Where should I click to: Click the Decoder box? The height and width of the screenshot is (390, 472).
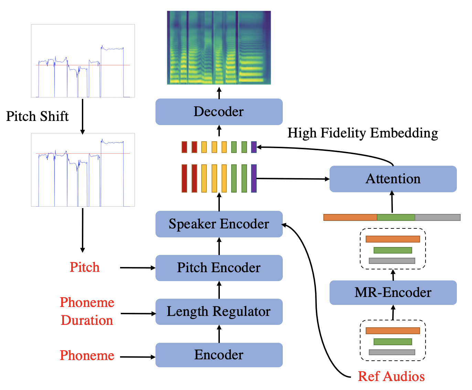tap(219, 112)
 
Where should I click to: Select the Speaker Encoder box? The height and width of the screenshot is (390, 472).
tap(219, 224)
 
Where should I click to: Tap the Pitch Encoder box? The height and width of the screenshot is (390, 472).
tap(219, 268)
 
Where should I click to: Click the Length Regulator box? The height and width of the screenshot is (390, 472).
tap(219, 311)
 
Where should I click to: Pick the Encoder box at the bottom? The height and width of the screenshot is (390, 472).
tap(219, 355)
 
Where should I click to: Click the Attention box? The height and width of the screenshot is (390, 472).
tap(393, 179)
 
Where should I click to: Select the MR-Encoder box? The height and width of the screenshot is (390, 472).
tap(393, 292)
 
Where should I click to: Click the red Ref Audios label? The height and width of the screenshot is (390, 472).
tap(391, 376)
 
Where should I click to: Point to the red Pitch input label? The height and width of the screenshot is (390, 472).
tap(85, 267)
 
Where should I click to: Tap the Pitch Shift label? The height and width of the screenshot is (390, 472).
tap(37, 116)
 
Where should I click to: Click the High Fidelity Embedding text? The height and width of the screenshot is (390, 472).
tap(363, 133)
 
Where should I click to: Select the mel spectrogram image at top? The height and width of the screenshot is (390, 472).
tap(219, 48)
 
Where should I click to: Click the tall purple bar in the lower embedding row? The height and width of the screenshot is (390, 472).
tap(254, 178)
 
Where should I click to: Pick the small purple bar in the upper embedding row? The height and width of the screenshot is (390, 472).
tap(254, 147)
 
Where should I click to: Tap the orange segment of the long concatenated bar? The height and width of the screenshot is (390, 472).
tap(350, 217)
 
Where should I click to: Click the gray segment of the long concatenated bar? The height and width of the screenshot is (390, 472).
tap(437, 217)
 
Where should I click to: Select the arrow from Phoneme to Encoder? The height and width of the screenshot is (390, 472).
tap(138, 357)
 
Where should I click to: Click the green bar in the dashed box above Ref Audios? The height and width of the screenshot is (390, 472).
tap(393, 342)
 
